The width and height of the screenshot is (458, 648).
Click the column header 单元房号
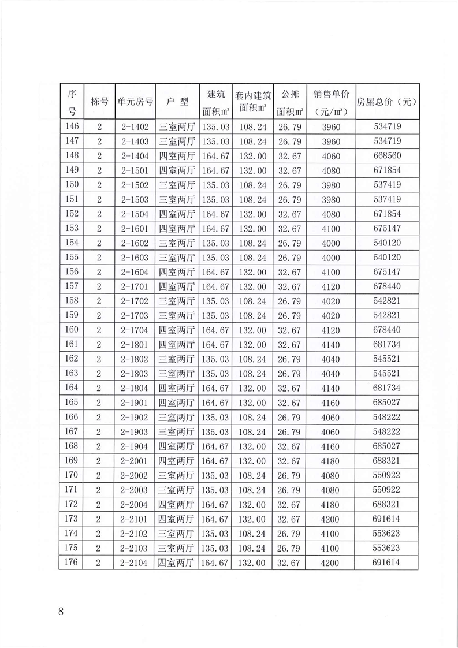tap(135, 101)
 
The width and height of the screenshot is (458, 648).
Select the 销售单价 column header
tap(331, 101)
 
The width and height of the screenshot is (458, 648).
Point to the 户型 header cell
tap(177, 101)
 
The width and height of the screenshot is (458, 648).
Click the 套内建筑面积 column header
tap(252, 101)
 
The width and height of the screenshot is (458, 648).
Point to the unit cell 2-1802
tap(135, 359)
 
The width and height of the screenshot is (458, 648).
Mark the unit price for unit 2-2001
tap(331, 460)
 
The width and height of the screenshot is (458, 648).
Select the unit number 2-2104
tap(135, 562)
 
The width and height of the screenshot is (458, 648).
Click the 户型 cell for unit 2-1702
tap(177, 301)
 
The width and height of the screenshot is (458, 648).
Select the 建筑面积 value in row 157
tap(215, 286)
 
